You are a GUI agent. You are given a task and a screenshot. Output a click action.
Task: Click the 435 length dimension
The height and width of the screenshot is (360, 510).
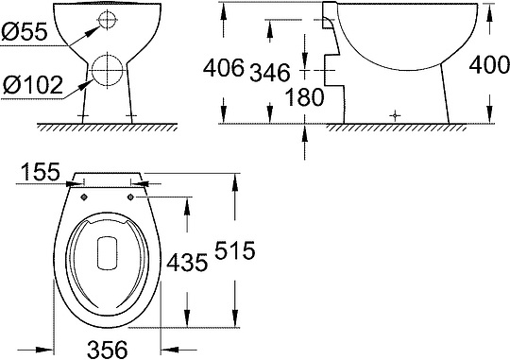coord(187,264)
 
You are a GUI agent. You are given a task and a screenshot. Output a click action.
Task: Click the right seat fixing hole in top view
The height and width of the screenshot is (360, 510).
coord(129,196)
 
